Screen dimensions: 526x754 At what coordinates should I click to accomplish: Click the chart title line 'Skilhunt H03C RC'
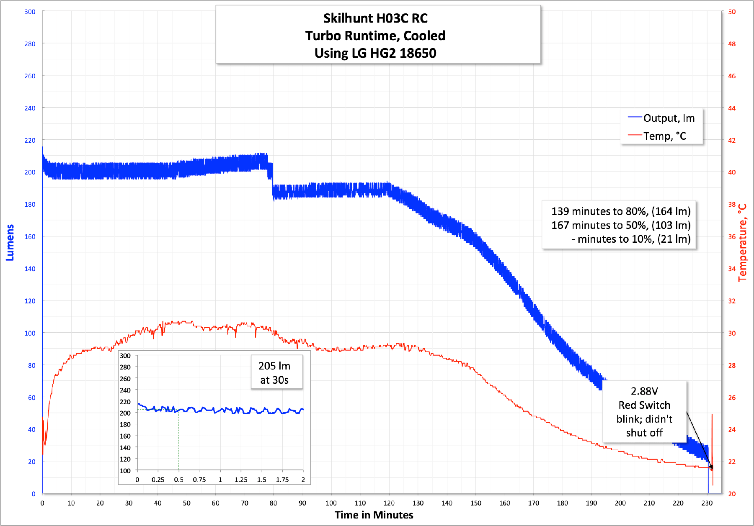click(375, 18)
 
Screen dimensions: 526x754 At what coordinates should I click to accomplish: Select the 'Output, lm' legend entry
click(669, 118)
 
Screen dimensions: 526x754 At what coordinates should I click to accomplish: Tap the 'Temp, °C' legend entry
click(664, 136)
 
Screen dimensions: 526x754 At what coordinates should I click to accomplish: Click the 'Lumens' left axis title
click(10, 243)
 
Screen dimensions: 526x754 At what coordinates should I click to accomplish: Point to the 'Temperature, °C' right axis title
click(742, 243)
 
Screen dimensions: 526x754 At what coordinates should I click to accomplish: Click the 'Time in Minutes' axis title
click(374, 515)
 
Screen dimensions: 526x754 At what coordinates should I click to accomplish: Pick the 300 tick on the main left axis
click(30, 12)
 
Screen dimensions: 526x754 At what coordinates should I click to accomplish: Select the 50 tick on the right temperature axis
click(731, 12)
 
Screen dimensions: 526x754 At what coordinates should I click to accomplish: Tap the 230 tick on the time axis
click(707, 503)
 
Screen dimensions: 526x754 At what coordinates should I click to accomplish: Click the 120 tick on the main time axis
click(389, 503)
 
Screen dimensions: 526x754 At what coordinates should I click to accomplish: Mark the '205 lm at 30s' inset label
click(274, 373)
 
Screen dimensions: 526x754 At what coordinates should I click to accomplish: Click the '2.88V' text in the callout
click(644, 391)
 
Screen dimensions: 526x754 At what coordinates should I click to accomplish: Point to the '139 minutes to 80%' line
click(620, 211)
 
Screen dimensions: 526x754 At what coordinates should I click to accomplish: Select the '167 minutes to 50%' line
click(620, 225)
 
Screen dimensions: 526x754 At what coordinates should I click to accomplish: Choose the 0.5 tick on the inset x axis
click(178, 480)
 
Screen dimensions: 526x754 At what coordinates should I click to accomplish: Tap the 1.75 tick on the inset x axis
click(282, 480)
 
